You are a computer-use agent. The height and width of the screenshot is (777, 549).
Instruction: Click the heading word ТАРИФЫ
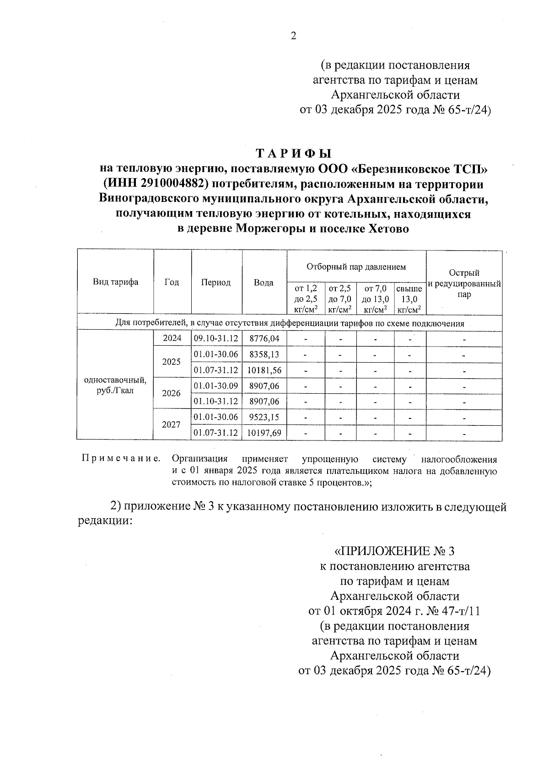coord(293,153)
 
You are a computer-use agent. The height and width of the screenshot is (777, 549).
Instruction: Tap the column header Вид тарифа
coord(115,282)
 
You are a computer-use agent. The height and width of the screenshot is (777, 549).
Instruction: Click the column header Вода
coord(264,283)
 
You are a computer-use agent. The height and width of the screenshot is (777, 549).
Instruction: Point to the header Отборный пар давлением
coord(356,266)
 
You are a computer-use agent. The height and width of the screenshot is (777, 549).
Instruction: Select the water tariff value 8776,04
coord(264,339)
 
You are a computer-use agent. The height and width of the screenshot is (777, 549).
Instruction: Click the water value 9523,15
coord(264,417)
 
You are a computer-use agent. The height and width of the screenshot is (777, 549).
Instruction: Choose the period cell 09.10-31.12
coord(216,339)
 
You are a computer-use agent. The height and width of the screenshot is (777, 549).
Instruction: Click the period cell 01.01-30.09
coord(216,386)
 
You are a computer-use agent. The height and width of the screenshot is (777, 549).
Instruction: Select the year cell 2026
coord(172,393)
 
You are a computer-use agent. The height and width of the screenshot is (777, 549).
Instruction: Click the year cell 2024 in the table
coord(172,339)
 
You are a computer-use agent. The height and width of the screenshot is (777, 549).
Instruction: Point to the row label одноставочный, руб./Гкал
coord(115,386)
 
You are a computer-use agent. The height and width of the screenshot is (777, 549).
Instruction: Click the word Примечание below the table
coord(121,459)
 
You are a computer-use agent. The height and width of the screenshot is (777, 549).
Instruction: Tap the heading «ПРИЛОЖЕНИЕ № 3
coord(394,551)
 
